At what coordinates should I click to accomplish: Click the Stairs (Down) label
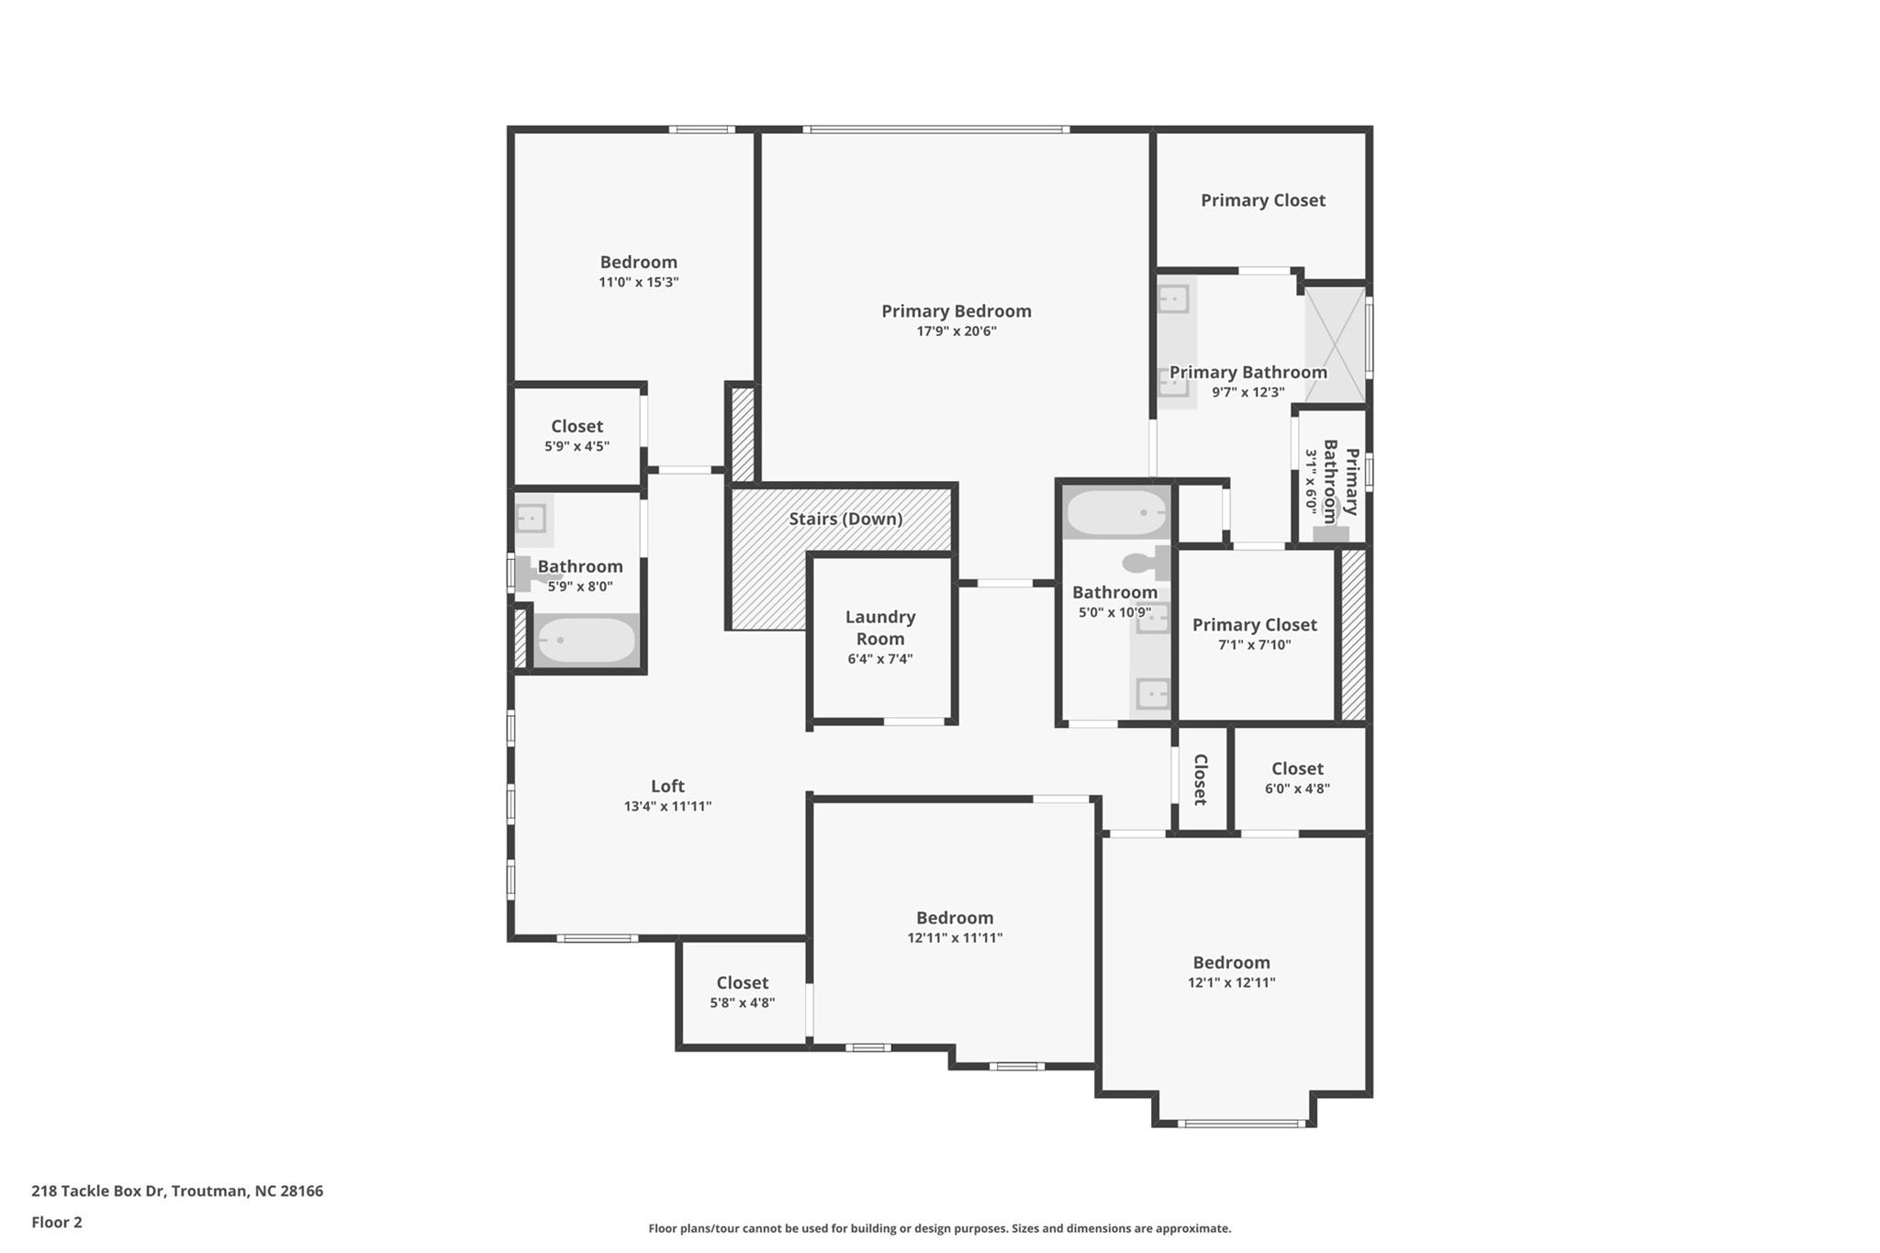tap(845, 519)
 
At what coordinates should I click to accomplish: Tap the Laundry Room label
tap(880, 628)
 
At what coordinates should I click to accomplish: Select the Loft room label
tap(667, 786)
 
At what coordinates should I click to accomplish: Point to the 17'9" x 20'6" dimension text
tap(956, 331)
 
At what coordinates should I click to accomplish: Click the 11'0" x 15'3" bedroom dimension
tap(638, 283)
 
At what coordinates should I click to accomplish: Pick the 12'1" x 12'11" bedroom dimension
tap(1231, 982)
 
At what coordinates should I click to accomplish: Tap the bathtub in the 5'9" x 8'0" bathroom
tap(586, 640)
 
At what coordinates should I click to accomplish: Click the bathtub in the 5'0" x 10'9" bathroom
tap(1116, 512)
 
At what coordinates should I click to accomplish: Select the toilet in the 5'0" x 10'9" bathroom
tap(1147, 562)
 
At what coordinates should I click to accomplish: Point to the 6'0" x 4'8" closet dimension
tap(1297, 789)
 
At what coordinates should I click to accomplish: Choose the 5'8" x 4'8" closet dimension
tap(742, 1002)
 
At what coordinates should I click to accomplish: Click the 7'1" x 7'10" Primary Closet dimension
tap(1254, 644)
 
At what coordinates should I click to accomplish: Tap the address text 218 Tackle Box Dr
tap(98, 1191)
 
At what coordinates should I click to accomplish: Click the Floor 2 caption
tap(57, 1222)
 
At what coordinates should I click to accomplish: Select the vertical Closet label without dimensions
tap(1200, 779)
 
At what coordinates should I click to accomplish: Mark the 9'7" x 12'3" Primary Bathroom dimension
tap(1248, 393)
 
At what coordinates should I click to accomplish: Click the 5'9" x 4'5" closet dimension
tap(576, 447)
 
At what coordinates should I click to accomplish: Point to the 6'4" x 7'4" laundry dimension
tap(880, 659)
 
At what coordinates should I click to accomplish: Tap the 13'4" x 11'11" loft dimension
tap(667, 807)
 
